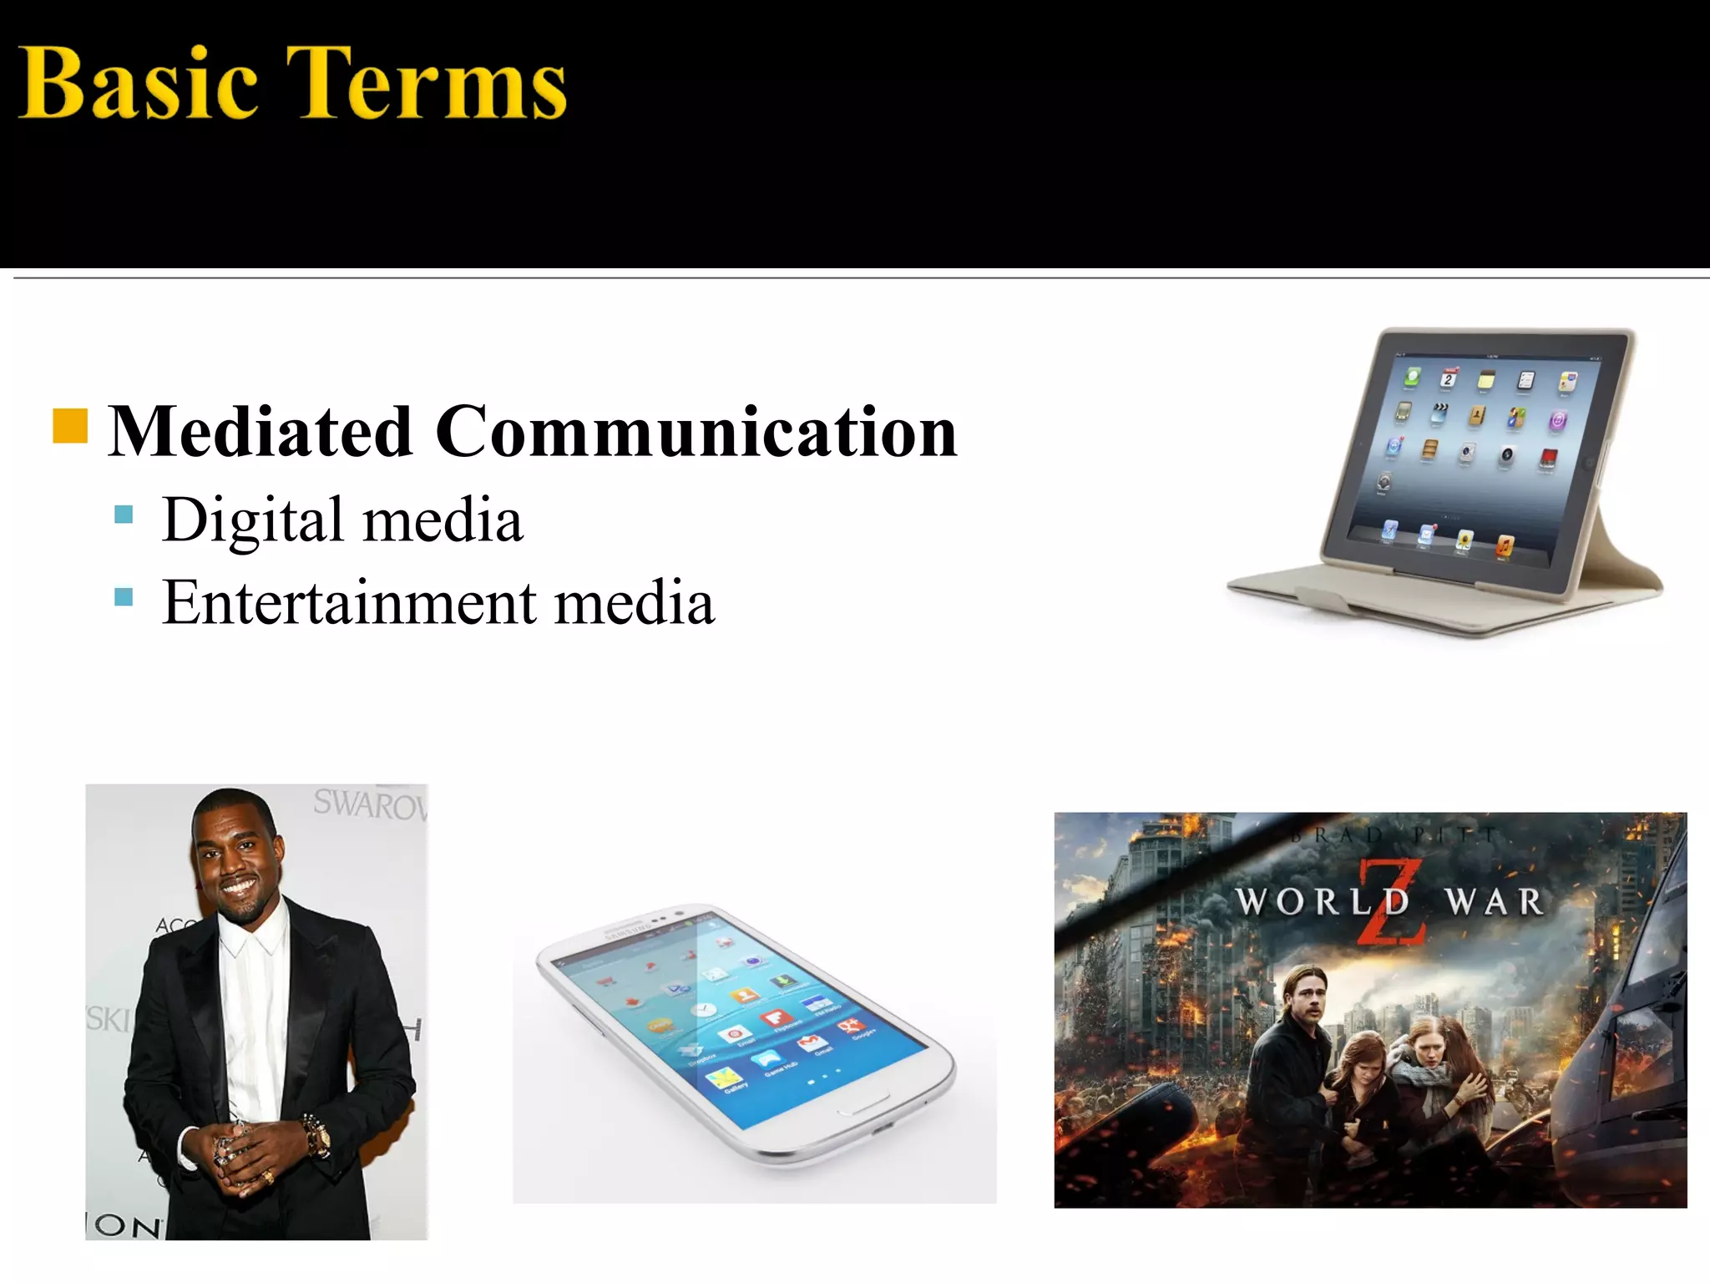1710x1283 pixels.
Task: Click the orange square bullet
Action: tap(70, 425)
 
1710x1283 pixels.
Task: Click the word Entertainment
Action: tap(350, 602)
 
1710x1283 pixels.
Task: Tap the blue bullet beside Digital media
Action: tap(124, 514)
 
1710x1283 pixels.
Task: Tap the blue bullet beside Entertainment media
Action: tap(124, 596)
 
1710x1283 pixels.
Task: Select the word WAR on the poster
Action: tap(1495, 902)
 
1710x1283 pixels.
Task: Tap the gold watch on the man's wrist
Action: tap(318, 1136)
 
